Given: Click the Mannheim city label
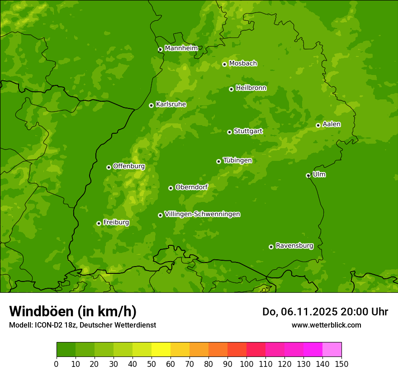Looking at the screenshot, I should pos(181,48).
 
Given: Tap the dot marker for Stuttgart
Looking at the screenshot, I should pos(229,132).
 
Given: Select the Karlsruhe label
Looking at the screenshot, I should pos(171,104).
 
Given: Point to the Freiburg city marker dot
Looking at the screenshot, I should pos(99,223).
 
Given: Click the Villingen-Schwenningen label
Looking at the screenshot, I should pos(202,214).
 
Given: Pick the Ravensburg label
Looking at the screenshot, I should pos(294,246).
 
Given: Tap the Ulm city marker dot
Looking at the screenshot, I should pos(308,175).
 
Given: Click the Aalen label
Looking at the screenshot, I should pos(331,124).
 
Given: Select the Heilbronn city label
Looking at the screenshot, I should pos(251,88).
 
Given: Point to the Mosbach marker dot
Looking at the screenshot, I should pos(224,64).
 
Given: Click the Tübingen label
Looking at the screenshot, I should pos(237,160).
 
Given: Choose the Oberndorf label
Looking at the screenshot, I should pos(191,187).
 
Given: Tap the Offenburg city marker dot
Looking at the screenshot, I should pos(109,167).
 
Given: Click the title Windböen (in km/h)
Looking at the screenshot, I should pos(72,311).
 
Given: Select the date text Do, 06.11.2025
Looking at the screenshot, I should pos(293,312).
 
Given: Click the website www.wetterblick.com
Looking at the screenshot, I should pos(326,325).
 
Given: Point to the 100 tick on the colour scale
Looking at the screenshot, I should pos(246,364).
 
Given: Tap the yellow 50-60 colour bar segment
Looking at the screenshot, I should pos(161,350).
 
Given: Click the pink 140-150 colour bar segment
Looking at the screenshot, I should pos(332,350).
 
